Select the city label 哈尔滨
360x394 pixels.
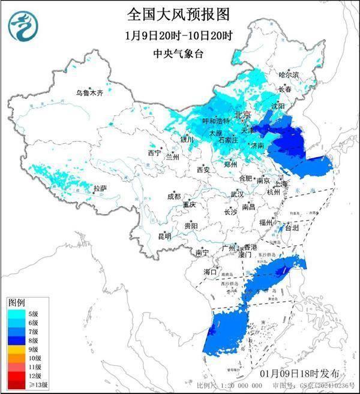click(289, 75)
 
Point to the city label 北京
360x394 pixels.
click(243, 115)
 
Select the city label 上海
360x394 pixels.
click(280, 183)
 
